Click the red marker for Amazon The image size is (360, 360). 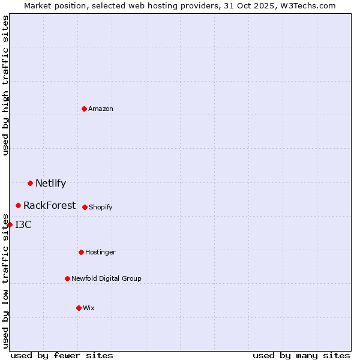pyautogui.click(x=85, y=109)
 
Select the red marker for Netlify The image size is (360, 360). pyautogui.click(x=30, y=183)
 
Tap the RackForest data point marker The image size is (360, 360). pyautogui.click(x=19, y=206)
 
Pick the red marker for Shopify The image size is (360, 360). pyautogui.click(x=85, y=207)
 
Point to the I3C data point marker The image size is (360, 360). pyautogui.click(x=10, y=225)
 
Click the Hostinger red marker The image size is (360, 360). pyautogui.click(x=81, y=252)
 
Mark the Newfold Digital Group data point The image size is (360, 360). pyautogui.click(x=67, y=278)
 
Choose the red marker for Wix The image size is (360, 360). pyautogui.click(x=79, y=308)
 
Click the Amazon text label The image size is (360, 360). pyautogui.click(x=101, y=109)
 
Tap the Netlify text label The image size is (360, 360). pyautogui.click(x=51, y=184)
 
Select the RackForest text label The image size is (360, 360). pyautogui.click(x=50, y=206)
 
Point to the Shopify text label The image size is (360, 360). pyautogui.click(x=101, y=207)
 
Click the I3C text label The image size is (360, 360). pyautogui.click(x=23, y=225)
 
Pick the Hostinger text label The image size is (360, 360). pyautogui.click(x=100, y=252)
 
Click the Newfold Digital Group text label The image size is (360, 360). pyautogui.click(x=107, y=278)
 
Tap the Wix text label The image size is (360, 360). pyautogui.click(x=89, y=308)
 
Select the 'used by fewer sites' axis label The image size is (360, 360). pyautogui.click(x=62, y=355)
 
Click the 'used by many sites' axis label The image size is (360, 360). pyautogui.click(x=301, y=355)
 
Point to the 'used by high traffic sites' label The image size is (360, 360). pyautogui.click(x=5, y=85)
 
